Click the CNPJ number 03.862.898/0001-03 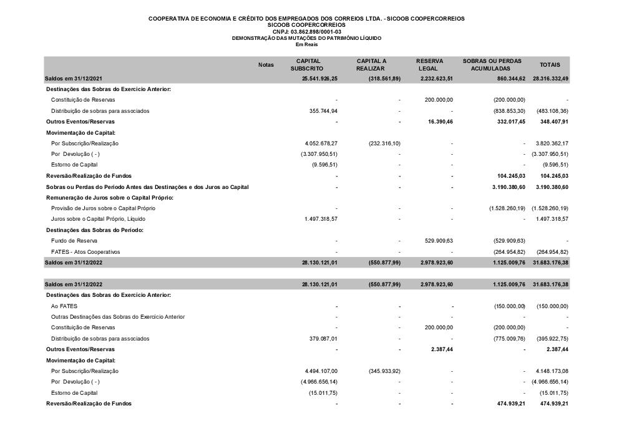point(316,31)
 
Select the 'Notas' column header point(266,65)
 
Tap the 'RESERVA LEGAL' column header point(430,64)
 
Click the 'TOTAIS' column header point(550,65)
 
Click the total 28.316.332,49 point(551,79)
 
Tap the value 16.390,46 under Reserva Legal point(439,122)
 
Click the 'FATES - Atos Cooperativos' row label point(85,251)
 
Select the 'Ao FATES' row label point(60,306)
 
